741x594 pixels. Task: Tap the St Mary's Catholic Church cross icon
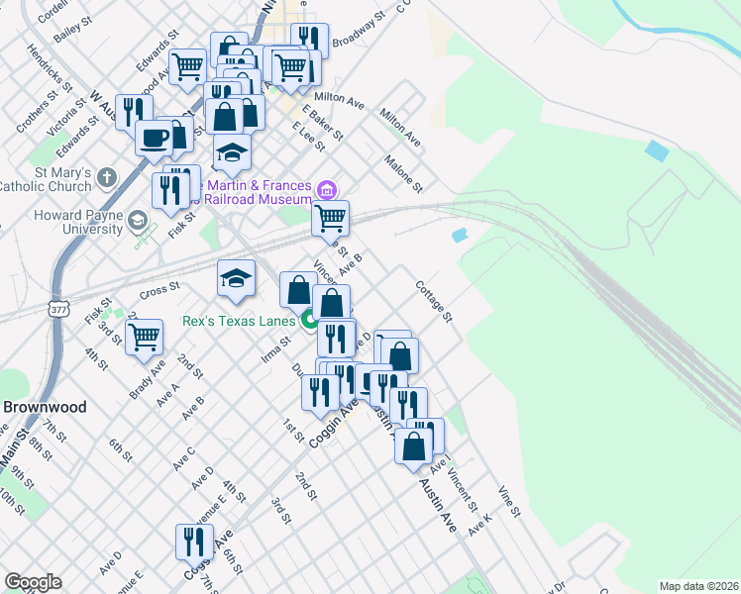coord(106,178)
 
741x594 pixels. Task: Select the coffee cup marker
coord(154,137)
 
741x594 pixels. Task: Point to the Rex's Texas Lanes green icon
coord(309,320)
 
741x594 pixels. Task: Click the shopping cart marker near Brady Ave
coord(145,338)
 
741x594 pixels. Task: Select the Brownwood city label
coord(45,407)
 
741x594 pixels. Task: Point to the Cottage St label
coord(434,302)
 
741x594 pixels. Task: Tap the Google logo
coord(33,582)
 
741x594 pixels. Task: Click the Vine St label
coord(509,502)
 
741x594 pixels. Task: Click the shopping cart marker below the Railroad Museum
coord(330,217)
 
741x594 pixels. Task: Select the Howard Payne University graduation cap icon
coord(139,219)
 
